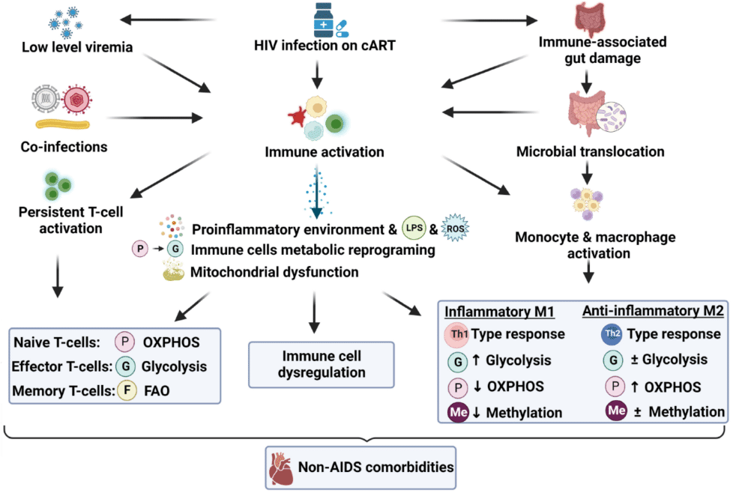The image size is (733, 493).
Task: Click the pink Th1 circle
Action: [x=458, y=334]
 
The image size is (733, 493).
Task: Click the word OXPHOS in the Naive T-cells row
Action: [x=173, y=344]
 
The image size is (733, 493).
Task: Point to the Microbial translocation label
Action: [x=590, y=152]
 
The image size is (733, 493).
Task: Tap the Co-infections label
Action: [x=63, y=147]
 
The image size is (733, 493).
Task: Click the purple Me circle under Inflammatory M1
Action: [x=457, y=412]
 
